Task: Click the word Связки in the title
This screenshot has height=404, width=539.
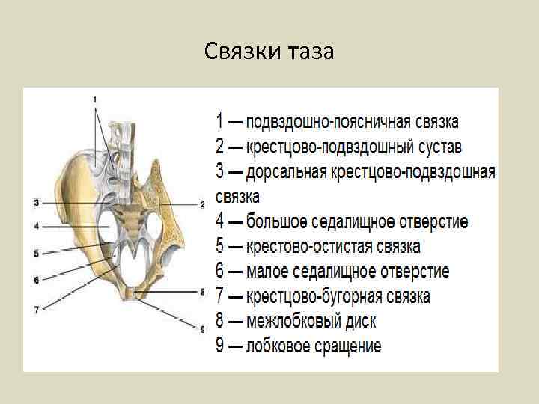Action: pyautogui.click(x=243, y=52)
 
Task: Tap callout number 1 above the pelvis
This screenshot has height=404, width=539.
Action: pyautogui.click(x=95, y=98)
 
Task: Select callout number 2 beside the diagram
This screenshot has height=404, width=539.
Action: pyautogui.click(x=201, y=203)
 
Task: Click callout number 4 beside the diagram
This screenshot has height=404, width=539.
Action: pyautogui.click(x=36, y=226)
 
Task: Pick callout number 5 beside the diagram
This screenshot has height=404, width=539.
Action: pyautogui.click(x=36, y=254)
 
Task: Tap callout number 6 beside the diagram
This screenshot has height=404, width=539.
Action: pyautogui.click(x=36, y=280)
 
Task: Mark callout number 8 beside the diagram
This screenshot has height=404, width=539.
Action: pyautogui.click(x=201, y=291)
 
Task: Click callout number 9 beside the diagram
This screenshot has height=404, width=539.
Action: pyautogui.click(x=201, y=327)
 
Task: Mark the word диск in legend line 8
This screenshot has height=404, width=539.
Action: pyautogui.click(x=359, y=322)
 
